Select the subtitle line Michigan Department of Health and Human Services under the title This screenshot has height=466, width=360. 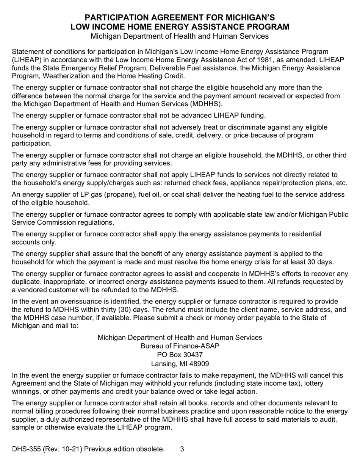[x=180, y=36]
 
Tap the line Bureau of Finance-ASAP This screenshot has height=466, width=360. [x=180, y=346]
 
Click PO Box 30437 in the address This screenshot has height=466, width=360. [x=180, y=355]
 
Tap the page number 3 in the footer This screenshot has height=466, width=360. [x=182, y=449]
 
